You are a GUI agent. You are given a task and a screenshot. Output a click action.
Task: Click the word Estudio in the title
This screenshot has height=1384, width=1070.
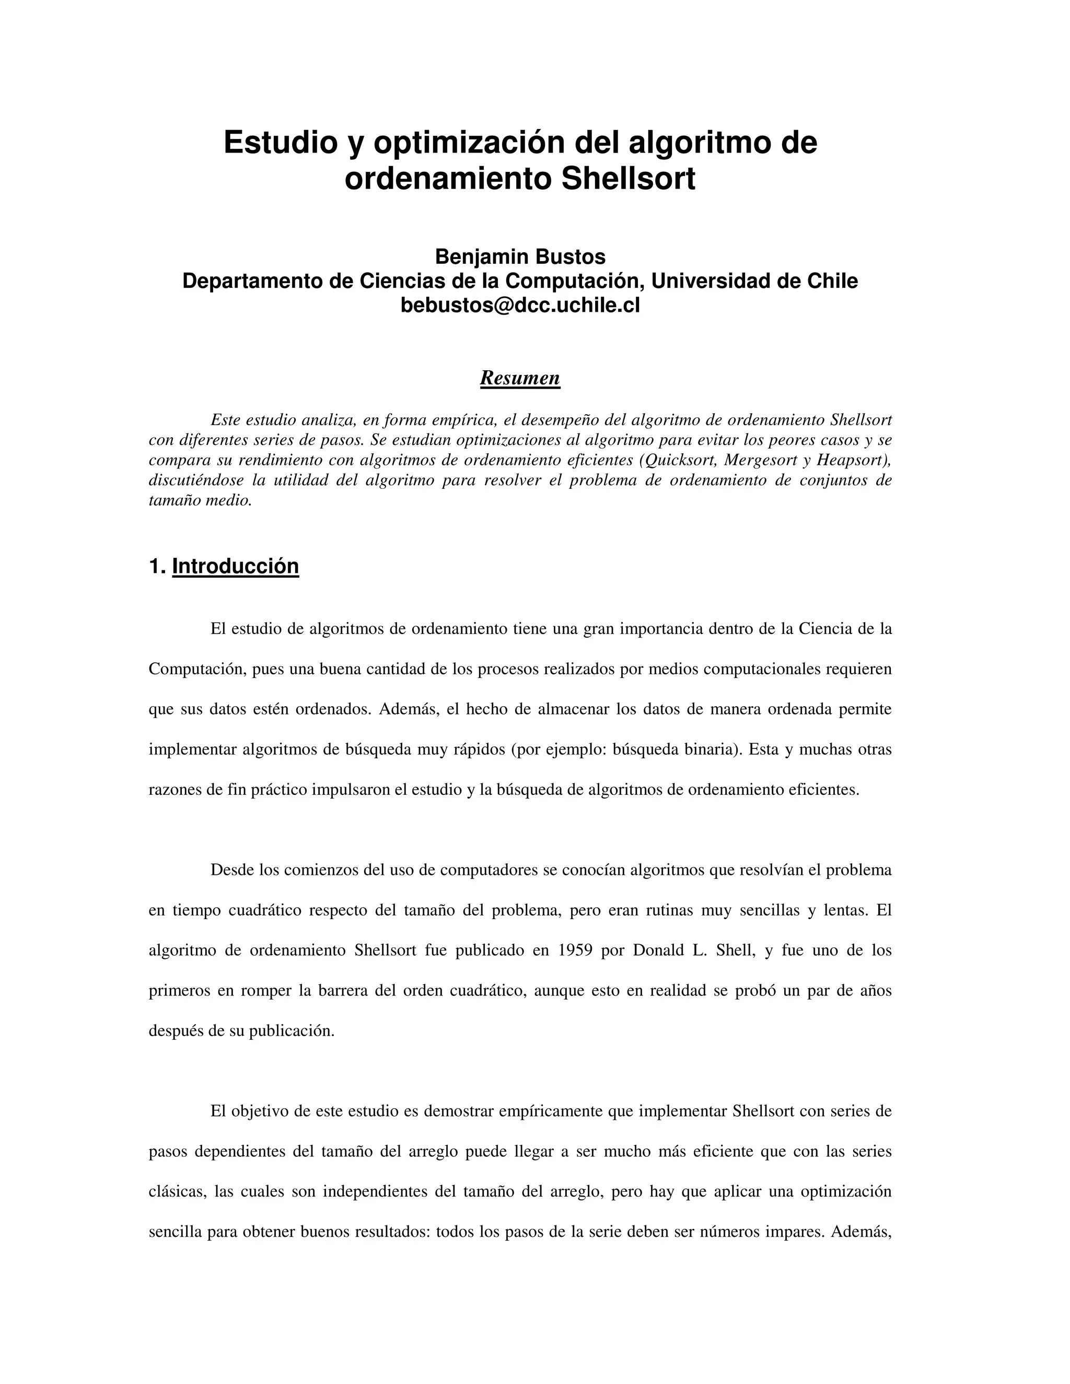(281, 143)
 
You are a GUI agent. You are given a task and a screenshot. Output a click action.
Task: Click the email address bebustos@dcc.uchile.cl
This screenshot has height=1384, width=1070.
(520, 305)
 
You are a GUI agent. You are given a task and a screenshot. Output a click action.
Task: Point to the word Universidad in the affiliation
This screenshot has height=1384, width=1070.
(713, 281)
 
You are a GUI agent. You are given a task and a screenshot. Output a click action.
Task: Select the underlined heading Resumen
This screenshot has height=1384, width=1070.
(520, 378)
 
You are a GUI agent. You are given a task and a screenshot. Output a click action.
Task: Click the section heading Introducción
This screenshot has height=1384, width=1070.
(235, 566)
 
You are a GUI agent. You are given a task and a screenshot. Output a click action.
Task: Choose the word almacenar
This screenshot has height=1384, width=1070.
(573, 709)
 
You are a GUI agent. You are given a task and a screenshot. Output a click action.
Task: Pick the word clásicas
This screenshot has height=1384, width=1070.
(177, 1191)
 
